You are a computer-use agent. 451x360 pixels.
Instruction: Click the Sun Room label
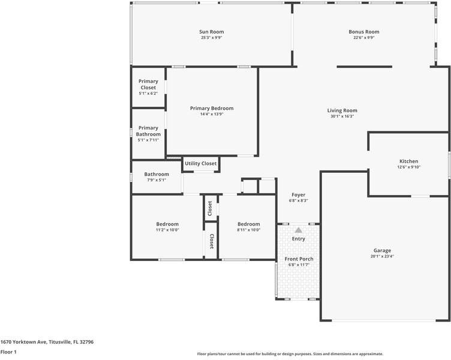pyautogui.click(x=212, y=32)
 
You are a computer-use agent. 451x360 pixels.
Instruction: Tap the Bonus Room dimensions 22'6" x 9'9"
pyautogui.click(x=363, y=38)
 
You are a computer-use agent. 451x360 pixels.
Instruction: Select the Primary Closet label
pyautogui.click(x=148, y=85)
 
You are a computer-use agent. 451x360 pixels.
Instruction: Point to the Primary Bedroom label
pyautogui.click(x=212, y=109)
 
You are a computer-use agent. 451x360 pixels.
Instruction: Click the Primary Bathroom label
pyautogui.click(x=148, y=131)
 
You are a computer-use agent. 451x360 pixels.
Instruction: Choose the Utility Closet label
pyautogui.click(x=200, y=163)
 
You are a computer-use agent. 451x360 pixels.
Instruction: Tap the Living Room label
pyautogui.click(x=342, y=110)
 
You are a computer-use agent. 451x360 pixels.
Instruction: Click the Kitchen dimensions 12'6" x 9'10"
pyautogui.click(x=408, y=167)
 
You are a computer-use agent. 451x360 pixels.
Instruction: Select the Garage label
pyautogui.click(x=382, y=250)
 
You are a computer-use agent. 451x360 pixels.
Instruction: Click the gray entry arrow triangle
pyautogui.click(x=298, y=229)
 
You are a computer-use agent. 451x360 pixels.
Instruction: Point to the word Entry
pyautogui.click(x=298, y=239)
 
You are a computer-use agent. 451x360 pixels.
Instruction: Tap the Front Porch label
pyautogui.click(x=298, y=259)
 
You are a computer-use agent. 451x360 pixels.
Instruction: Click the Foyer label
pyautogui.click(x=298, y=194)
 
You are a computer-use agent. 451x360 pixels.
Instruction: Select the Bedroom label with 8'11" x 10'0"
pyautogui.click(x=248, y=224)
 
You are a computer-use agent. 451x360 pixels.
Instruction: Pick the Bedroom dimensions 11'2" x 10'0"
pyautogui.click(x=167, y=230)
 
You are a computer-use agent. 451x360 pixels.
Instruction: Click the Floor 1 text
pyautogui.click(x=8, y=352)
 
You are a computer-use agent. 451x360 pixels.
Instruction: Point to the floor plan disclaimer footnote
pyautogui.click(x=290, y=354)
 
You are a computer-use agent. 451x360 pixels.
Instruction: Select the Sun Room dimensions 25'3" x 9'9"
pyautogui.click(x=212, y=38)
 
